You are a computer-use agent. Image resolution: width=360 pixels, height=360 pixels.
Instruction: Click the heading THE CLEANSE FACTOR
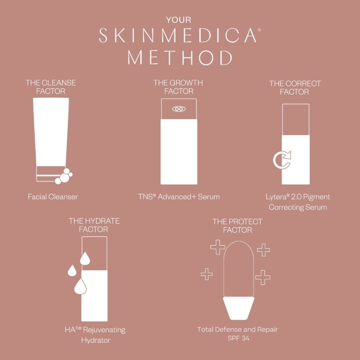pyautogui.click(x=51, y=87)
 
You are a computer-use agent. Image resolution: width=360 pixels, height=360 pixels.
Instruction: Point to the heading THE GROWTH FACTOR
pyautogui.click(x=178, y=87)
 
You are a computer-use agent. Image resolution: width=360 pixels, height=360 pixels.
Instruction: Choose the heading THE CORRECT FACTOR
pyautogui.click(x=295, y=87)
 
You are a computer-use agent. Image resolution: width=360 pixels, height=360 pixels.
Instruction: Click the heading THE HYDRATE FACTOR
pyautogui.click(x=94, y=225)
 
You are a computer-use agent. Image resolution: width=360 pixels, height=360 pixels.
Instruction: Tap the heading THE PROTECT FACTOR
pyautogui.click(x=237, y=226)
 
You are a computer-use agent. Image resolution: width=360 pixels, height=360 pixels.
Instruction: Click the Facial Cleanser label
pyautogui.click(x=53, y=197)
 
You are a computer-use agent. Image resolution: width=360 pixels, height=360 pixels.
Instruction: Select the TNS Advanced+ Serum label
pyautogui.click(x=179, y=197)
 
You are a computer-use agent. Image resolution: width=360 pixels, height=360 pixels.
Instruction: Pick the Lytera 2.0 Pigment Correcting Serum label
pyautogui.click(x=298, y=202)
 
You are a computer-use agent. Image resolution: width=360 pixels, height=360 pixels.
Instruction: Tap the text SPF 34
pyautogui.click(x=238, y=338)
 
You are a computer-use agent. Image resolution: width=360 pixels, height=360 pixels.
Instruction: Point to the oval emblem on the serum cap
pyautogui.click(x=179, y=109)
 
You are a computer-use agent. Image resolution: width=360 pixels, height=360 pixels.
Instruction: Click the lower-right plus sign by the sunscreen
pyautogui.click(x=263, y=277)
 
